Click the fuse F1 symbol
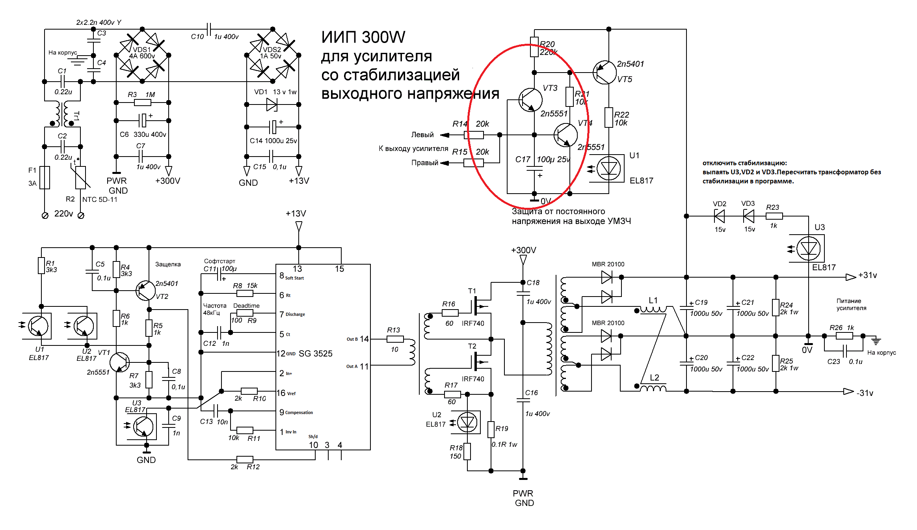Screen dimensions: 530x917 45,177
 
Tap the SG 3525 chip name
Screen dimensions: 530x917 315,354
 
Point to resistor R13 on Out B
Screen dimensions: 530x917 395,339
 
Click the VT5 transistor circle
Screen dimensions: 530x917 605,72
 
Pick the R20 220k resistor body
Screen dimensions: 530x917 534,47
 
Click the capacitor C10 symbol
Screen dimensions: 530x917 209,29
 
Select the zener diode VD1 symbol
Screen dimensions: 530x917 272,105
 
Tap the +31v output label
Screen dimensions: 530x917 867,275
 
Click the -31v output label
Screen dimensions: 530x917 865,393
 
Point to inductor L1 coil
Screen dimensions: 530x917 653,309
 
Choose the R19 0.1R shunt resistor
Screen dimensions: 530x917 491,429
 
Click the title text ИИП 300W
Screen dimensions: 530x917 363,37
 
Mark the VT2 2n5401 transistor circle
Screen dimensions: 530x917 145,291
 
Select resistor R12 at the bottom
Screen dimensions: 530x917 245,459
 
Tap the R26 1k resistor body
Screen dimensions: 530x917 844,336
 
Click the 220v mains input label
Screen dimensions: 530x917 63,214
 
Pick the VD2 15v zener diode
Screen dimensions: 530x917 720,216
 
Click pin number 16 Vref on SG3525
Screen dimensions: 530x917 281,393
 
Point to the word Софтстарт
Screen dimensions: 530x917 219,261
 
